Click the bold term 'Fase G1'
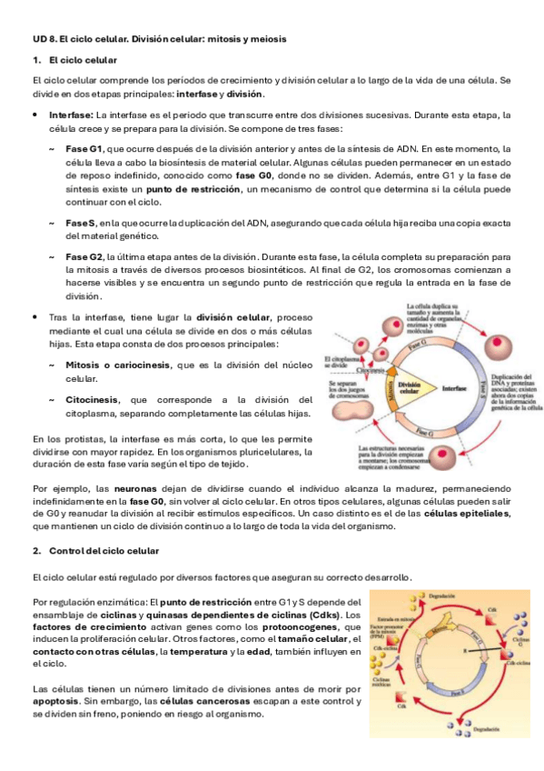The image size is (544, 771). (84, 148)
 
